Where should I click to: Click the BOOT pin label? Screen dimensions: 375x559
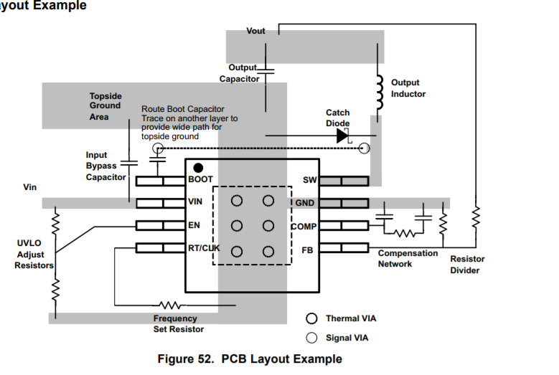tap(200, 179)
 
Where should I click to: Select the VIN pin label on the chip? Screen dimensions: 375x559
tap(196, 201)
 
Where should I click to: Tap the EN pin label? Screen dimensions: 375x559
tap(194, 225)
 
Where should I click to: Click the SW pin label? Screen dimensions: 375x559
tap(310, 180)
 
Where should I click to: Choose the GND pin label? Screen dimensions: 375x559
tap(305, 203)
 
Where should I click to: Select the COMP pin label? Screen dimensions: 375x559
tap(304, 227)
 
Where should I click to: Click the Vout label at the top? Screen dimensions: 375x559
tap(255, 31)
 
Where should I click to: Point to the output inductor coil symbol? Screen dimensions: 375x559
tap(377, 90)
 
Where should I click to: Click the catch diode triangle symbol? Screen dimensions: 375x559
tap(342, 135)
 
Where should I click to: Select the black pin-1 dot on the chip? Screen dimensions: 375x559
tap(198, 167)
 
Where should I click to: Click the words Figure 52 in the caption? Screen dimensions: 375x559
tap(186, 359)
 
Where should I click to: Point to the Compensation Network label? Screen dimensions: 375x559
tap(408, 258)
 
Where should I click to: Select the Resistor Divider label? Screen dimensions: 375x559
tap(467, 265)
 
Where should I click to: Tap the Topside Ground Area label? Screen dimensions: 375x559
tap(105, 106)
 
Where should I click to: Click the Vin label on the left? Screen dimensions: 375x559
tap(29, 187)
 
